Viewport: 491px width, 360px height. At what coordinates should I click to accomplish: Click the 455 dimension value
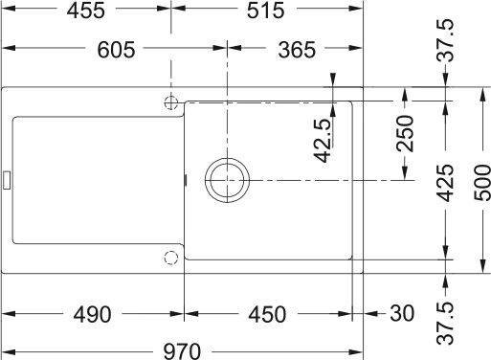pos(85,11)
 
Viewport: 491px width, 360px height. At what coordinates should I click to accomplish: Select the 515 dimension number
pos(265,11)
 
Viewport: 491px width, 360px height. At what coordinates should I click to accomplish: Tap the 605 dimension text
pos(116,50)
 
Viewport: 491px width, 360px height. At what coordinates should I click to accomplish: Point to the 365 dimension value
pos(297,50)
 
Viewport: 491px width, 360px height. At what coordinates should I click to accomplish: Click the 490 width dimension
pos(92,314)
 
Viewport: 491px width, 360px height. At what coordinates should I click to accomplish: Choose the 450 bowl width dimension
pos(267,314)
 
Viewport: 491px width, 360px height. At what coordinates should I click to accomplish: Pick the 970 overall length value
pos(182,351)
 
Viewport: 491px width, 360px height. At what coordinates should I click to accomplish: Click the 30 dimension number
pos(402,313)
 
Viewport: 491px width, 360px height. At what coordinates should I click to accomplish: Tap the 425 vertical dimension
pos(445,183)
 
